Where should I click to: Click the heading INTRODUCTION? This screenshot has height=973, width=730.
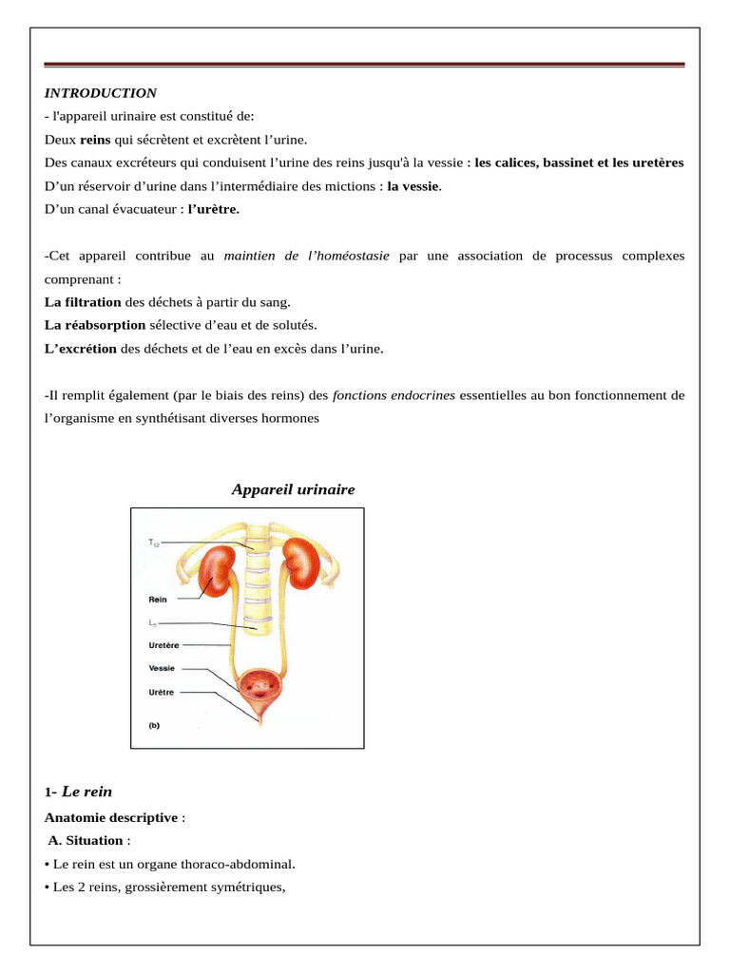pos(101,93)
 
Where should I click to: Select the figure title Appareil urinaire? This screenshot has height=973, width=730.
pos(293,489)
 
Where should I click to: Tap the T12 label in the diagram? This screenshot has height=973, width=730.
pos(154,543)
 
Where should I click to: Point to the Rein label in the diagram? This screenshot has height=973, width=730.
pos(158,600)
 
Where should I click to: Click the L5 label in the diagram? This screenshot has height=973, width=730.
pos(154,622)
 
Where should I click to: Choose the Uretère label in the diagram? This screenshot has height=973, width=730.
pos(163,644)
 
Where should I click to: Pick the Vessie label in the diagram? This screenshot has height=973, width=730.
pos(162,668)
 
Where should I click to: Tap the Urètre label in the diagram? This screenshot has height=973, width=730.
pos(162,692)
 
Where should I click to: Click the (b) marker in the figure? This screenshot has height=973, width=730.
pos(154,725)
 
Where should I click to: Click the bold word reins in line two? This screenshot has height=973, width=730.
pos(96,140)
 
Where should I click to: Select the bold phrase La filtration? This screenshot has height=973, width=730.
pos(83,302)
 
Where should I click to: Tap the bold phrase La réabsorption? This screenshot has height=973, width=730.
pos(95,325)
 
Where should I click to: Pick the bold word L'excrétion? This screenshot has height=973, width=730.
pos(81,349)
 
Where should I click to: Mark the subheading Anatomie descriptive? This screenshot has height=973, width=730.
pos(110,817)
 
